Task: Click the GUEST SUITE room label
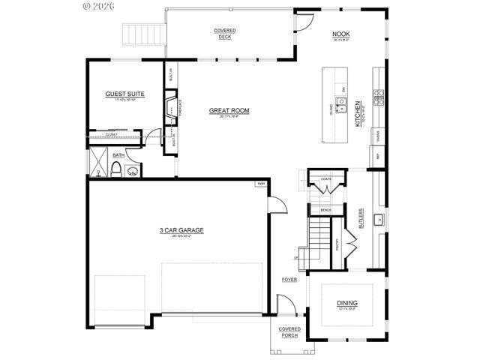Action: point(125,94)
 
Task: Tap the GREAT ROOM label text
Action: point(229,110)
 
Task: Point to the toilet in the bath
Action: point(116,171)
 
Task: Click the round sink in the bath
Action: point(133,172)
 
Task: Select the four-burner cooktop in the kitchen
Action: point(380,94)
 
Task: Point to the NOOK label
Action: point(340,34)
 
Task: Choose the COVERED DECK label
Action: point(224,34)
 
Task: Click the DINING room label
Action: point(346,303)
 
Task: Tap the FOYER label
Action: point(289,280)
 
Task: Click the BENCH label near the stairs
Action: point(325,210)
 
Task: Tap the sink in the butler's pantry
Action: point(379,220)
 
